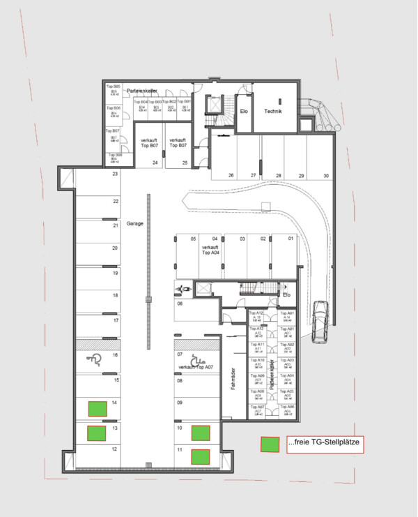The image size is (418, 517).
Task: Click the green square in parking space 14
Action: coord(97,408)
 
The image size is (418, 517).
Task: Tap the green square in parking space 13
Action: coord(97,433)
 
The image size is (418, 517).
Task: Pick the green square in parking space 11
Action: coord(201,456)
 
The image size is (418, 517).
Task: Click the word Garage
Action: coord(135,224)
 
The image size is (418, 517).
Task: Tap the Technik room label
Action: coord(272,111)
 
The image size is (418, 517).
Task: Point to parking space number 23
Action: coord(115,174)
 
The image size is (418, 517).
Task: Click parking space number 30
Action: coord(327,176)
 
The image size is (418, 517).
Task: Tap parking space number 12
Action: coord(114,450)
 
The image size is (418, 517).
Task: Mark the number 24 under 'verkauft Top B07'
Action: coord(155,163)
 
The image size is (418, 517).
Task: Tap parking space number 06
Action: coord(180,304)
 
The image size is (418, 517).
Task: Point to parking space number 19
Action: coord(115,273)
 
